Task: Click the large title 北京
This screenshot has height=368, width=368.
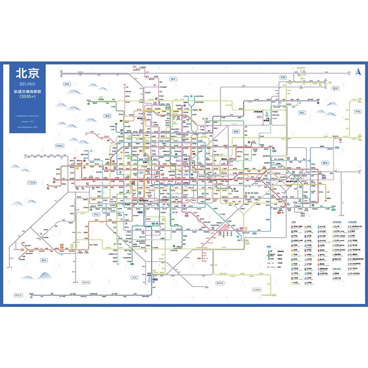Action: coord(28,74)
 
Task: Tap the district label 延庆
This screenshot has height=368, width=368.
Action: coord(67,84)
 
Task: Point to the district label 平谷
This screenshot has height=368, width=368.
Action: coord(357,111)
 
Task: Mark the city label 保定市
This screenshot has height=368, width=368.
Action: coord(18,295)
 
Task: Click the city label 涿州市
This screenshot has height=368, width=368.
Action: coord(86,282)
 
